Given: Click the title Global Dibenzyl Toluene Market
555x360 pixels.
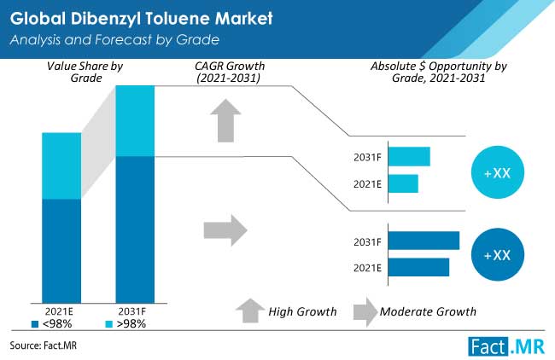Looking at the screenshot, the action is click(141, 19).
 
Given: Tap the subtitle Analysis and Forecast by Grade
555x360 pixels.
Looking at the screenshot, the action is click(114, 39).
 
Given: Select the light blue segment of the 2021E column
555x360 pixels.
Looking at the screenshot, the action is click(61, 165).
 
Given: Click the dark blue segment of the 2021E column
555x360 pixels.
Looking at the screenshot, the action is click(61, 251).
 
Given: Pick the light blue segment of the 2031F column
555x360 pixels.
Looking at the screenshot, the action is click(135, 121).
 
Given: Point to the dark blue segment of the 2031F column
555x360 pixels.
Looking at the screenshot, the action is click(135, 229).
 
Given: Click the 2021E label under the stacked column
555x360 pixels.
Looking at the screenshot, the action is click(59, 311).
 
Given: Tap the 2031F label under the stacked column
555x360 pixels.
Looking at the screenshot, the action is click(132, 311).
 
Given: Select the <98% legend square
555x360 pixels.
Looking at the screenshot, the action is click(35, 324).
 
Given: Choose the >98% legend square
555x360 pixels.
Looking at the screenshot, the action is click(109, 324).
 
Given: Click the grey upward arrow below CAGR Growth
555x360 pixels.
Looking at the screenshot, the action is click(225, 120).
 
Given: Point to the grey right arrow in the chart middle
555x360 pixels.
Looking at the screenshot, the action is click(225, 230).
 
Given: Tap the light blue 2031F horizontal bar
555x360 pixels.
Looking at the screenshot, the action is click(409, 157).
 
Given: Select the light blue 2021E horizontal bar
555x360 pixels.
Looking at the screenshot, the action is click(403, 183).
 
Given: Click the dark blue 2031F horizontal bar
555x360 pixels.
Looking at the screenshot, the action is click(424, 241).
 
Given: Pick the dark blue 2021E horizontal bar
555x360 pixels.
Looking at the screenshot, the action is click(418, 267).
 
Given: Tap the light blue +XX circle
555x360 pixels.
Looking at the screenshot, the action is click(498, 172).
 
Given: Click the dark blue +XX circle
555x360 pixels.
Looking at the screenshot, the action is click(498, 254).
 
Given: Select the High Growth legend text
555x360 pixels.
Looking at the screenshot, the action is click(302, 312).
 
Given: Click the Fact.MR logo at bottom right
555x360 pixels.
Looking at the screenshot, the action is click(506, 346).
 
